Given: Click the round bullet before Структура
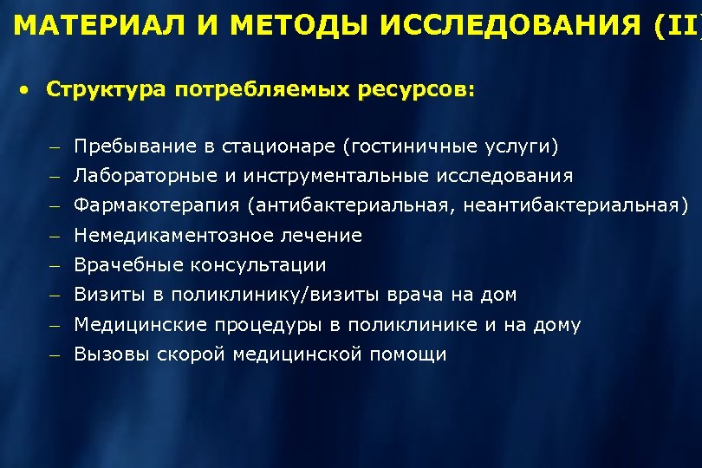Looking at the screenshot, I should (x=29, y=89).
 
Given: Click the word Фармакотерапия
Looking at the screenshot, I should (x=156, y=205).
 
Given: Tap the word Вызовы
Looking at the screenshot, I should (x=112, y=354).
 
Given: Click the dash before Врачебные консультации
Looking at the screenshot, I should (x=54, y=265).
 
